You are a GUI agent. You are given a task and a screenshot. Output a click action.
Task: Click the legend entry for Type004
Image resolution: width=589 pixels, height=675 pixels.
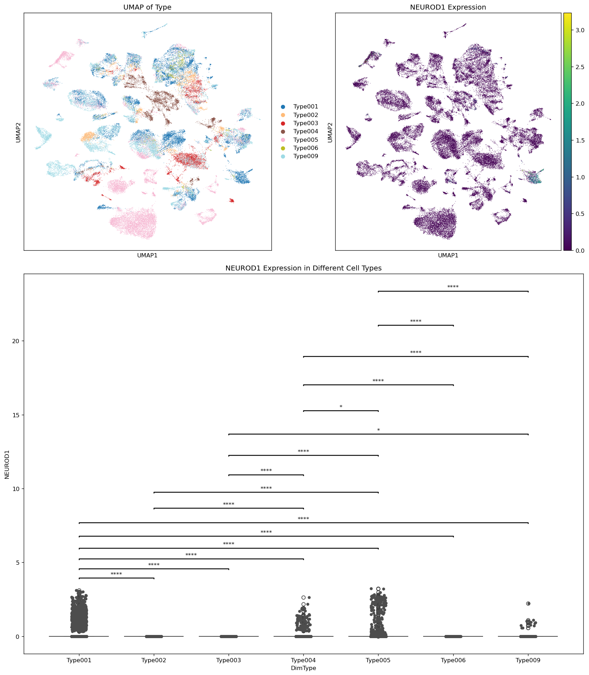[305, 132]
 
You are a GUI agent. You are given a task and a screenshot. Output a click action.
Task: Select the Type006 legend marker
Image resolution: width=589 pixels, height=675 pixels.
[283, 148]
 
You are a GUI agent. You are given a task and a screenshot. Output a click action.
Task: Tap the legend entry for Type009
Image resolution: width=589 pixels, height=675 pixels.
[305, 156]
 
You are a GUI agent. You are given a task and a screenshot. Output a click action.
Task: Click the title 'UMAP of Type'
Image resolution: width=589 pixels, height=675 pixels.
[147, 7]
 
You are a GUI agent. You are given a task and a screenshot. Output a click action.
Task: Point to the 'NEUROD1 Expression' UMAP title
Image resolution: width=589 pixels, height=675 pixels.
[448, 7]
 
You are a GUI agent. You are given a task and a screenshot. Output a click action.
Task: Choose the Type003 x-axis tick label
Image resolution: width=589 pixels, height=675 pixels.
[229, 660]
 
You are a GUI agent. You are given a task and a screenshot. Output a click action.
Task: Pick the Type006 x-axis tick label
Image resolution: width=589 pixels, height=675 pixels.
[453, 660]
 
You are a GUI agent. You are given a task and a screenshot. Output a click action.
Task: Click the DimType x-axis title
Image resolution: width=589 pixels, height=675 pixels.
[303, 668]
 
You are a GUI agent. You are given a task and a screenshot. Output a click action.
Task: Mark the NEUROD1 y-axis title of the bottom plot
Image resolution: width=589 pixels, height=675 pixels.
[7, 464]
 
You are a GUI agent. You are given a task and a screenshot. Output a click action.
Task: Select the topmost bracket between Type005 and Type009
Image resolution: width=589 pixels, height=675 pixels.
[453, 291]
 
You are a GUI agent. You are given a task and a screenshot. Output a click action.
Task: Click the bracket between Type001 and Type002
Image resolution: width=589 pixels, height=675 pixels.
[116, 578]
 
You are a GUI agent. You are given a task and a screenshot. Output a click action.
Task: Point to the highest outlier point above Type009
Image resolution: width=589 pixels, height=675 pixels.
[528, 603]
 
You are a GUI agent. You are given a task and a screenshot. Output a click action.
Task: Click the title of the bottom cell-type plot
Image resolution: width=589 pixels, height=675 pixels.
[303, 268]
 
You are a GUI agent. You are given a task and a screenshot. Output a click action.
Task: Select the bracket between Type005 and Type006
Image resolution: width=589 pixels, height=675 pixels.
[416, 325]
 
